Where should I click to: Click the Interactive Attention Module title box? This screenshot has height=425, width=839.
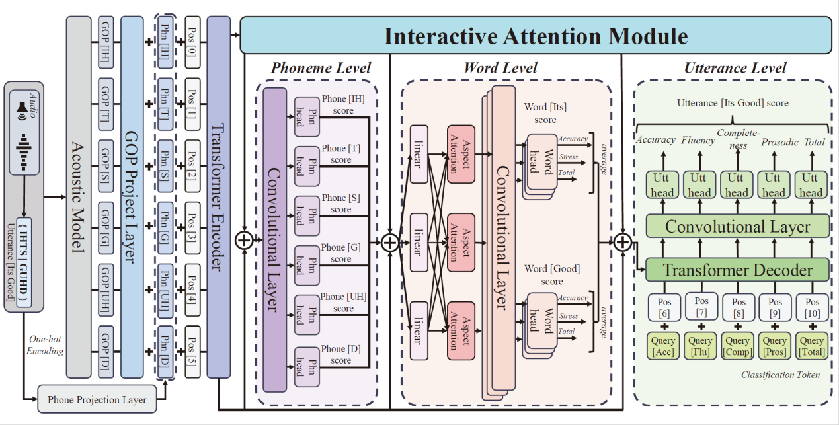pyautogui.click(x=536, y=35)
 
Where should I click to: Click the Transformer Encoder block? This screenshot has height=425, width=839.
pyautogui.click(x=218, y=198)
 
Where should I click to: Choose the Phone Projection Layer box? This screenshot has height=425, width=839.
pyautogui.click(x=97, y=399)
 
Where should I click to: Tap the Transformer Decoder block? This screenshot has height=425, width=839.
pyautogui.click(x=737, y=270)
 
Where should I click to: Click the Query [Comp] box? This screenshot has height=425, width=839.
pyautogui.click(x=737, y=346)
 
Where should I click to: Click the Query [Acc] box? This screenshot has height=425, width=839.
pyautogui.click(x=662, y=346)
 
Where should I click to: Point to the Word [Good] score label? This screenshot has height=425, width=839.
pyautogui.click(x=552, y=275)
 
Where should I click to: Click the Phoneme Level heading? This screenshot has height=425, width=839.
pyautogui.click(x=321, y=68)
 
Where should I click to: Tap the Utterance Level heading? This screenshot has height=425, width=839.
pyautogui.click(x=735, y=68)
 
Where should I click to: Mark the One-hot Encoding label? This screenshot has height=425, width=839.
pyautogui.click(x=46, y=345)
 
